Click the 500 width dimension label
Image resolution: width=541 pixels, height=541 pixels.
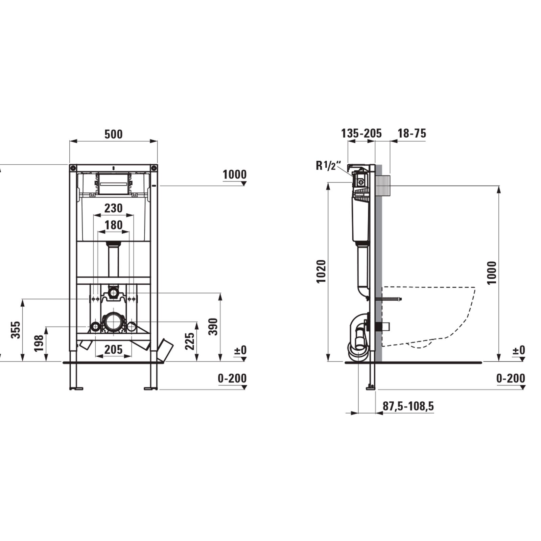(x=113, y=134)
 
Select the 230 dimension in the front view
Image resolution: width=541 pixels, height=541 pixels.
(x=113, y=208)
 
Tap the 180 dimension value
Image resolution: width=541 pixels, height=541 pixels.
(x=113, y=225)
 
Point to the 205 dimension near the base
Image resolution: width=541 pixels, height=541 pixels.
(x=113, y=349)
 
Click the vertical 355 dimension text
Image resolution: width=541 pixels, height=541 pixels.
(x=16, y=330)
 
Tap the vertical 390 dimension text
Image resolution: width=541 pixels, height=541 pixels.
(x=213, y=326)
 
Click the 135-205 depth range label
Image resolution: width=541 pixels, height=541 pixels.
(x=361, y=133)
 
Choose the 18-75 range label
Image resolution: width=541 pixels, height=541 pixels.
(x=411, y=133)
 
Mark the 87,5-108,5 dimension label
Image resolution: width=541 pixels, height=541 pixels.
(x=408, y=406)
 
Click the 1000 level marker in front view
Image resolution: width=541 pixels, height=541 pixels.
(x=234, y=174)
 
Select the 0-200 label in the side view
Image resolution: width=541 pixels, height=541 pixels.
(x=511, y=378)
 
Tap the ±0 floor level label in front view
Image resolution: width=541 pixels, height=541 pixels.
(x=240, y=350)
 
